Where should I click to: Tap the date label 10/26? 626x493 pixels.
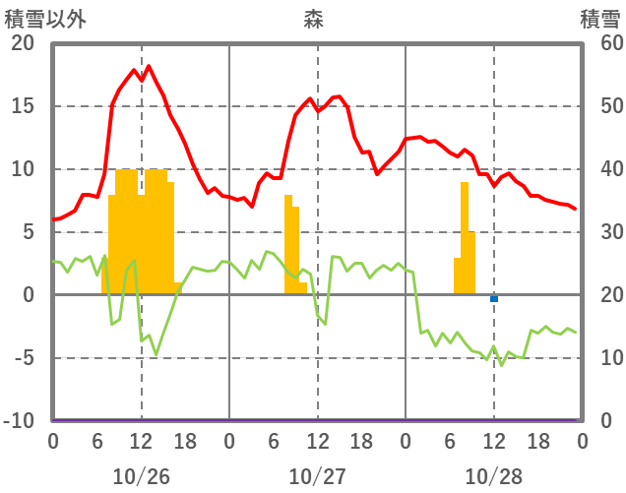141,476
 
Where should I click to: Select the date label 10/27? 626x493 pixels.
317,476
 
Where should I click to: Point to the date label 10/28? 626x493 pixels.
493,476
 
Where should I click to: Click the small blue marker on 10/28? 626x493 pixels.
494,298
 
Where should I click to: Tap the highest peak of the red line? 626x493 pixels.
148,67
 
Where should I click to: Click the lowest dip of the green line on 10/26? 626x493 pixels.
156,353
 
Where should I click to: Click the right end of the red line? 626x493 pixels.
575,209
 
